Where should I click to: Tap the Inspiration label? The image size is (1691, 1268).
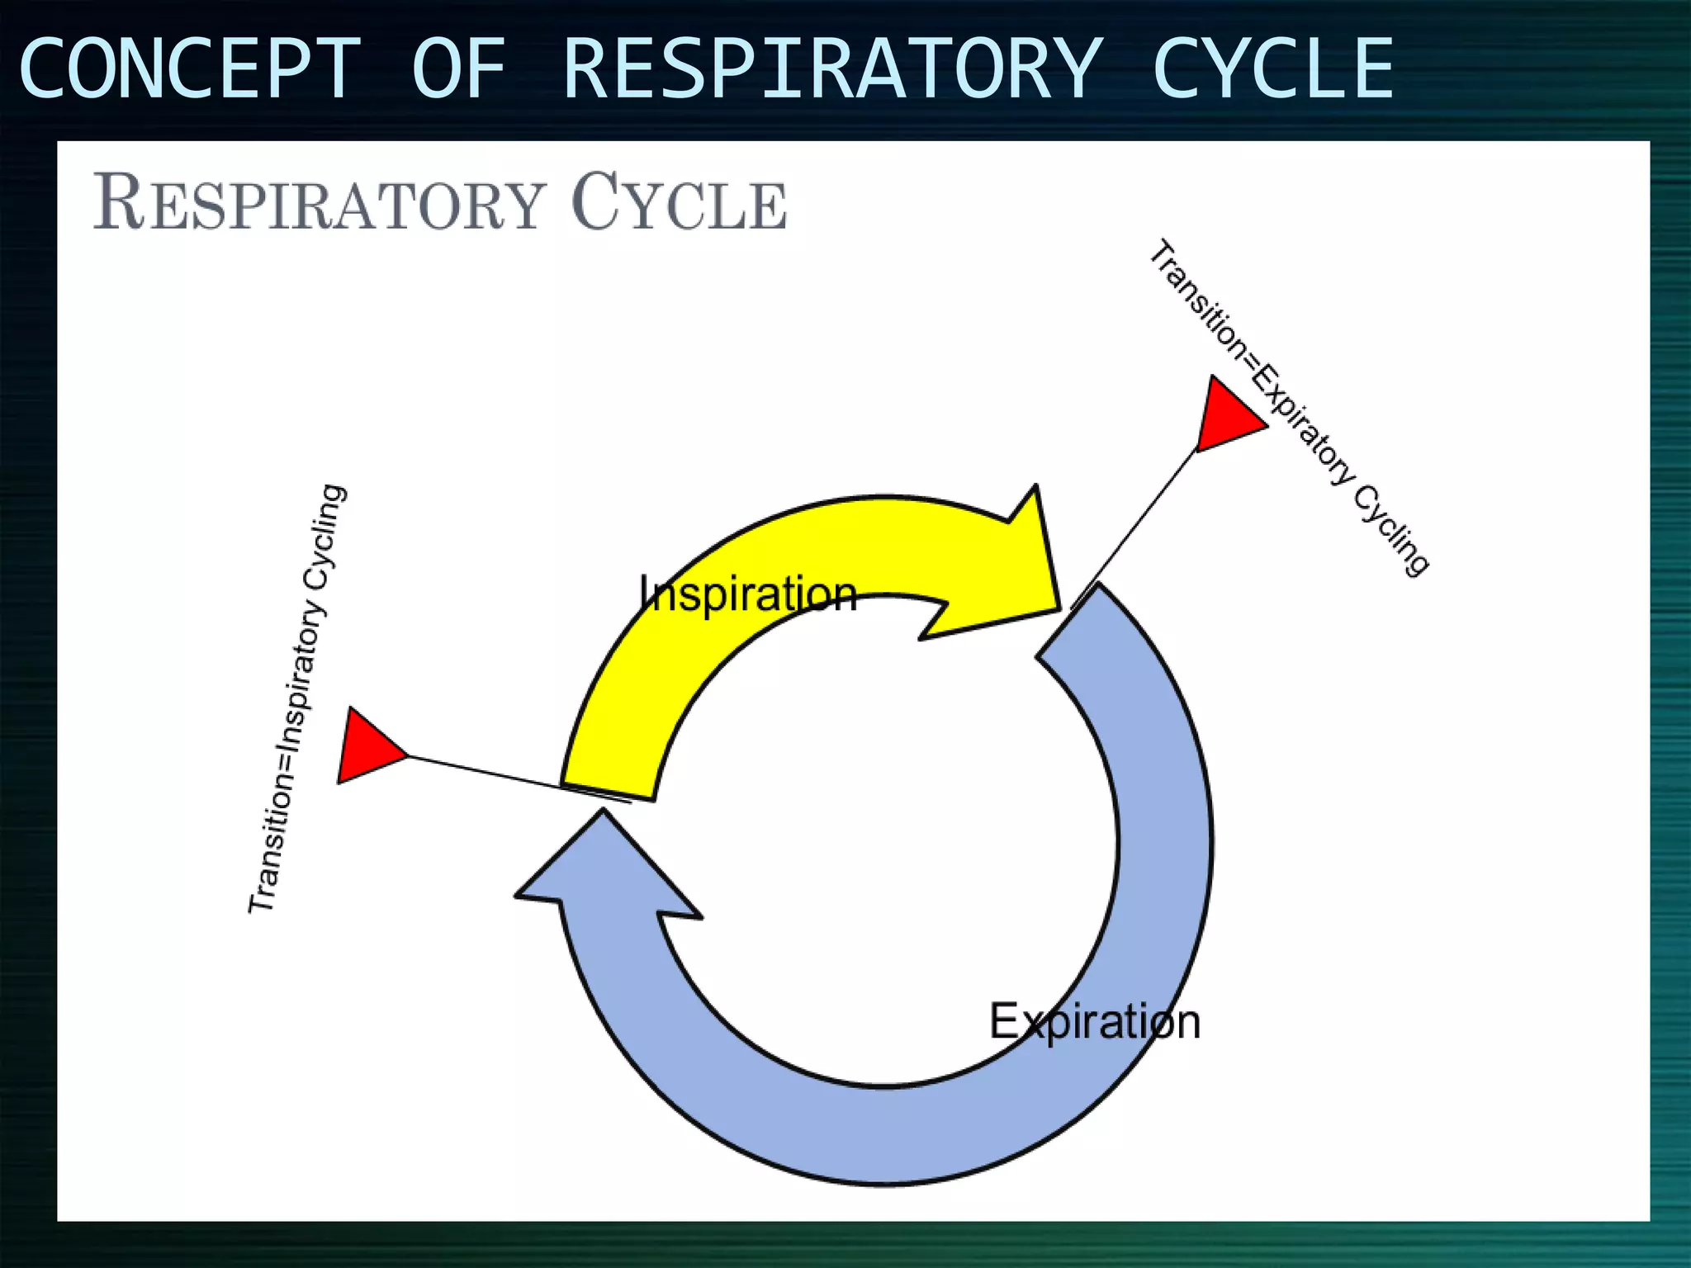click(x=748, y=594)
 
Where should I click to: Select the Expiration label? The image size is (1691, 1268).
click(x=1094, y=1022)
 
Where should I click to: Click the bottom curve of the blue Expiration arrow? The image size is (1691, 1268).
click(x=883, y=1135)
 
